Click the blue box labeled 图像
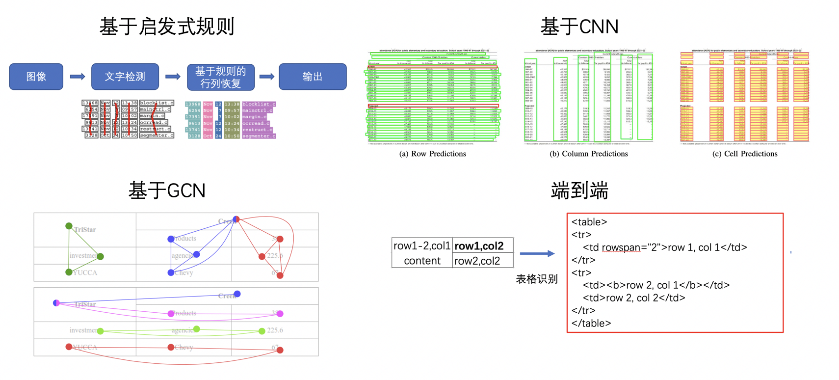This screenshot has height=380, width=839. point(36,77)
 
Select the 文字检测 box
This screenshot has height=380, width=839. point(125,77)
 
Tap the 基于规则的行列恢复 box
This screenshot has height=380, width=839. point(221,77)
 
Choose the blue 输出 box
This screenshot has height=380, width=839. point(313,77)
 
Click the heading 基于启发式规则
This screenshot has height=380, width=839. point(167,27)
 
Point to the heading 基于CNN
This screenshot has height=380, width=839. point(579,27)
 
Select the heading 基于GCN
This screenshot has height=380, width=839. point(167,190)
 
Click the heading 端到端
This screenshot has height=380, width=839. point(579,190)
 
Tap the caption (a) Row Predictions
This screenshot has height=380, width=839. point(433,154)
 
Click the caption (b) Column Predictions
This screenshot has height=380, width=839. point(589,154)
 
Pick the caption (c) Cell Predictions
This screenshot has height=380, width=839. point(745,154)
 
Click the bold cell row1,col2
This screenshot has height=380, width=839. point(479,246)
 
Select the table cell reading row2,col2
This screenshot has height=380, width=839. point(477,261)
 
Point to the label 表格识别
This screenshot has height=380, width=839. point(537,279)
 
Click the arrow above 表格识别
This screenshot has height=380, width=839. point(537,254)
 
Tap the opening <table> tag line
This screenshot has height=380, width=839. point(589,222)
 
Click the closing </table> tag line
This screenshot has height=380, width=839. point(591,323)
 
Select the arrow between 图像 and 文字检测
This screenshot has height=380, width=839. point(78,77)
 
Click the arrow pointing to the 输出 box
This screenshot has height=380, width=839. point(266,77)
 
